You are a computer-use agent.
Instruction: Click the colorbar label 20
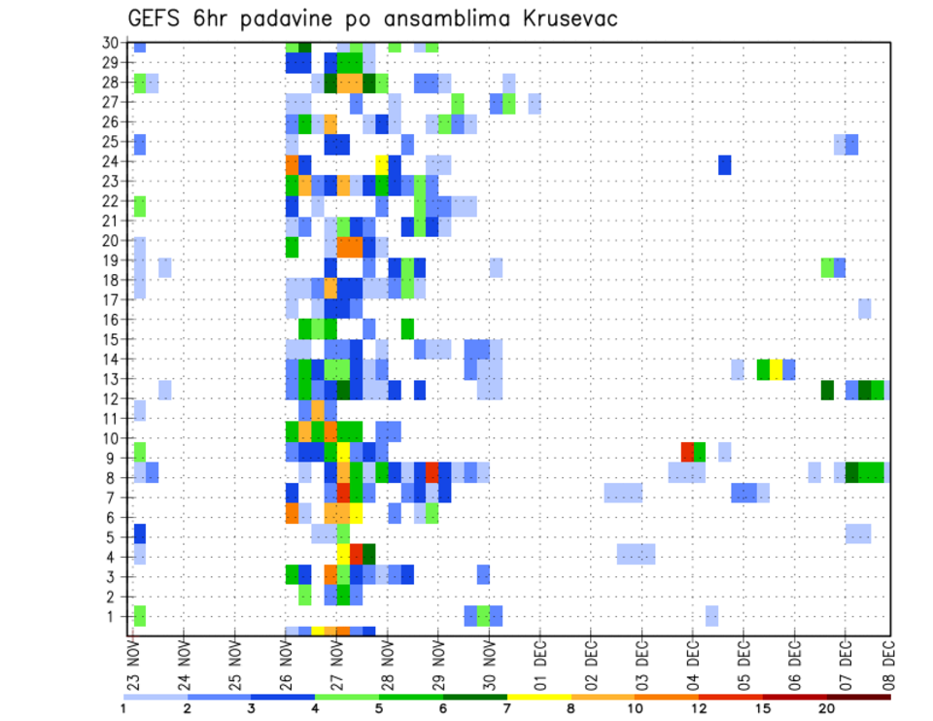point(826,708)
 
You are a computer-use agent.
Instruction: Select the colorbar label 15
point(762,708)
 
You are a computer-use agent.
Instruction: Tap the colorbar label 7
point(508,708)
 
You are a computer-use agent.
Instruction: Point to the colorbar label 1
point(123,708)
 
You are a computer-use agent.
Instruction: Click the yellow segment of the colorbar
point(539,697)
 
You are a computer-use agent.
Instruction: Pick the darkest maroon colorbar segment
point(859,697)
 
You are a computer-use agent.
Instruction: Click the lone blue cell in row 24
point(725,164)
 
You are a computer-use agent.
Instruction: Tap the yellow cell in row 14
point(776,368)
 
